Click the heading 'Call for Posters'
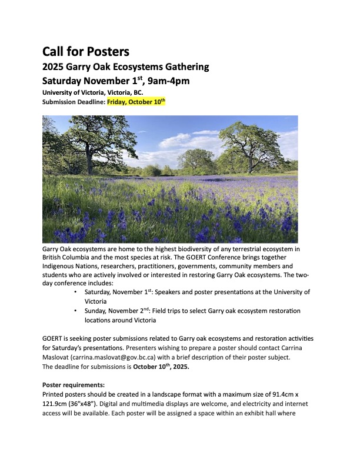[86, 51]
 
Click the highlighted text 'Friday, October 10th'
[136, 101]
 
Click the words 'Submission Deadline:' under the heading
[74, 101]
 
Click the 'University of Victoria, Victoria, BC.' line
[92, 92]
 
